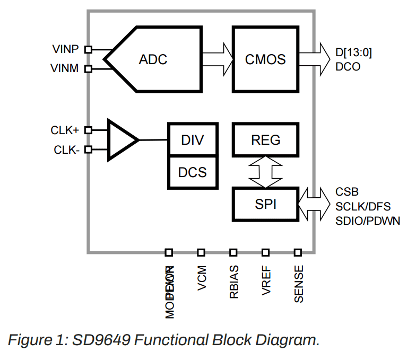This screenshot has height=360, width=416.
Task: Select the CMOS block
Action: pyautogui.click(x=265, y=58)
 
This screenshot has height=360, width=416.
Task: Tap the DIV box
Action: pyautogui.click(x=193, y=140)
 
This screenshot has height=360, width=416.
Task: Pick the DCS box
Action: pyautogui.click(x=193, y=172)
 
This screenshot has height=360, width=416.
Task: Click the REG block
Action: pyautogui.click(x=266, y=140)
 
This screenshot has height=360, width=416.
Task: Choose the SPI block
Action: pyautogui.click(x=266, y=204)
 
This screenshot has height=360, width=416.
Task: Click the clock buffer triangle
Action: pyautogui.click(x=121, y=140)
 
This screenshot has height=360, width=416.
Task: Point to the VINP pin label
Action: pyautogui.click(x=66, y=49)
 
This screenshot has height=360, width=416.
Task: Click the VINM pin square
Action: pyautogui.click(x=88, y=68)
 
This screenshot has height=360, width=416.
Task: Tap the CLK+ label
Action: pyautogui.click(x=65, y=130)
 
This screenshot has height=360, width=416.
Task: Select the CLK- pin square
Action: pyautogui.click(x=88, y=150)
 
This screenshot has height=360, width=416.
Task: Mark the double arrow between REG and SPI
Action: pyautogui.click(x=266, y=171)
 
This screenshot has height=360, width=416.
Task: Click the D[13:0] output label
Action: pyautogui.click(x=354, y=52)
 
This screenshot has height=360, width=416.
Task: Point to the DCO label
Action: pyautogui.click(x=348, y=67)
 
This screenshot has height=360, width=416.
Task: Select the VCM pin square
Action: pyautogui.click(x=201, y=252)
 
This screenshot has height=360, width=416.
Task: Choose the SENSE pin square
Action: pyautogui.click(x=298, y=252)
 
